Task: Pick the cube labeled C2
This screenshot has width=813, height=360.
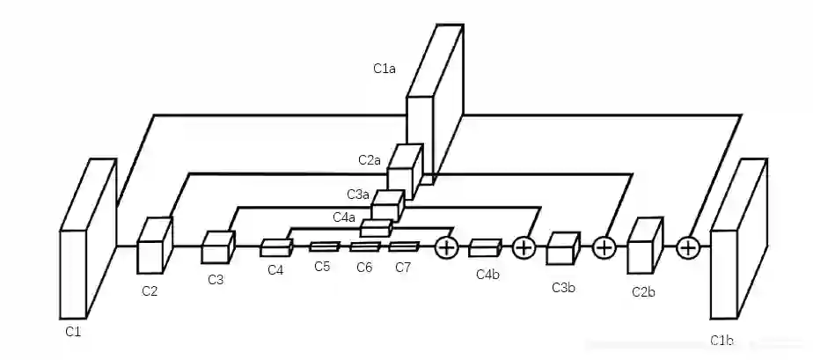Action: pos(153,244)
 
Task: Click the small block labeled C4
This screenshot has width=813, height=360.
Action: pos(275,248)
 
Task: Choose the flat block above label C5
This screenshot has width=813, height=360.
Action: pos(323,246)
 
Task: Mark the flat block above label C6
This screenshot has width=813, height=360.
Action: pos(364,246)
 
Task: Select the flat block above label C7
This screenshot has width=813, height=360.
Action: pos(404,246)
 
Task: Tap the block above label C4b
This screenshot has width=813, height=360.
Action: pos(485,248)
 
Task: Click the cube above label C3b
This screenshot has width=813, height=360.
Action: pos(562,249)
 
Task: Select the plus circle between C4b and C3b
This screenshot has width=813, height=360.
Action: pos(524,248)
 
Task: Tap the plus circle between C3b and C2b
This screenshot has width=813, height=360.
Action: pos(604,248)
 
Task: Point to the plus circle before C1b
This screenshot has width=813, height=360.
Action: pos(687,248)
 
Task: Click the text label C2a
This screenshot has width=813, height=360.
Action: pos(370,160)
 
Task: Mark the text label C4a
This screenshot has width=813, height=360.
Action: pos(344,217)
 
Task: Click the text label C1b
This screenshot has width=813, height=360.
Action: pos(722,341)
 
